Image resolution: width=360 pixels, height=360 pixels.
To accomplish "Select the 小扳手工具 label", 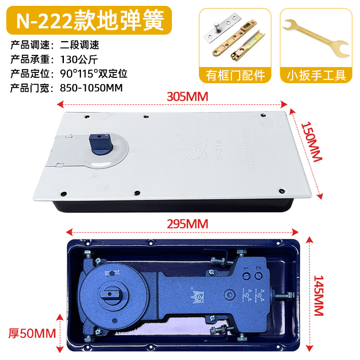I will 315,75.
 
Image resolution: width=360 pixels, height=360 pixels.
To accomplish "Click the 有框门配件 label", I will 235,75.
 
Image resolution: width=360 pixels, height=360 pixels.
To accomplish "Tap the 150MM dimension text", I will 311,142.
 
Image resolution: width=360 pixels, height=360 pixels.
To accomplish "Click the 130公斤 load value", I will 78,58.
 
